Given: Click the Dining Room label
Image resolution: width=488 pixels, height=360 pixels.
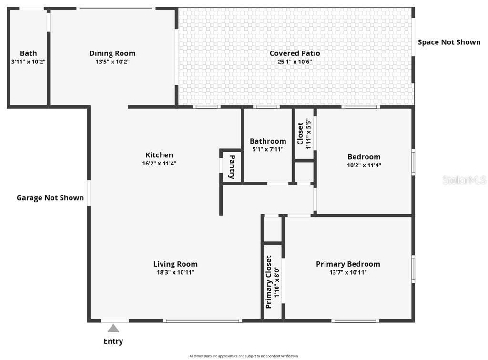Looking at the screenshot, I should [112, 53].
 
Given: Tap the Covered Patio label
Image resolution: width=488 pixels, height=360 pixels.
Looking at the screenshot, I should [295, 53].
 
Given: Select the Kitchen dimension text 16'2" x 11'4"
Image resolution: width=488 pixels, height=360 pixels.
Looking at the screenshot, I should [159, 164].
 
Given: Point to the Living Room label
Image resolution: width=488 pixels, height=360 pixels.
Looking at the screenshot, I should [175, 264].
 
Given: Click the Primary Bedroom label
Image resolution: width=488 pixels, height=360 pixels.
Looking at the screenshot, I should [348, 264].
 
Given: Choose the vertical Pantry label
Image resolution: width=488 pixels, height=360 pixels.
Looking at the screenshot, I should [232, 167].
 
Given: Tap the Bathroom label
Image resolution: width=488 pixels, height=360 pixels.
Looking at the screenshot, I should [268, 141].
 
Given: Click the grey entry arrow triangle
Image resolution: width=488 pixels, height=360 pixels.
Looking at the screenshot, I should [113, 328].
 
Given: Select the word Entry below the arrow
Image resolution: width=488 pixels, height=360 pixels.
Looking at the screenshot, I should [113, 341].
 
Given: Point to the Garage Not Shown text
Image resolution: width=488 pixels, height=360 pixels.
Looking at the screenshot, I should [50, 198].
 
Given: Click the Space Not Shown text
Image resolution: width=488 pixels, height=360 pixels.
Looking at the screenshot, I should [449, 42].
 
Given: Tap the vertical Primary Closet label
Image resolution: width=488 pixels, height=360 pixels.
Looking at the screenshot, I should [269, 282].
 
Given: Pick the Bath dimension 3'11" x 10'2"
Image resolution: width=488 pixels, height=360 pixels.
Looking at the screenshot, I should [28, 62].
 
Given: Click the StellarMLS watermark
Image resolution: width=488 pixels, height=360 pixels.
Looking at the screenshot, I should [464, 180].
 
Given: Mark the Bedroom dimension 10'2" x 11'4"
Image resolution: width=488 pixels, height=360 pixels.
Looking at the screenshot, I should [364, 165].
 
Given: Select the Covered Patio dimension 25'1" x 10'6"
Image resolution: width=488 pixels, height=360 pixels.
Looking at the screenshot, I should [295, 62].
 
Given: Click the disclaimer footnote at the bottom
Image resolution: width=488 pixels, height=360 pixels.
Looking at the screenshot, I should [244, 356].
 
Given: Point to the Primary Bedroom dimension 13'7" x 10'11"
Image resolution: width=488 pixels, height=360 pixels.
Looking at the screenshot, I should [348, 272].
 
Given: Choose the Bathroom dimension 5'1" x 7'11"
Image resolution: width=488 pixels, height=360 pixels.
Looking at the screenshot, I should [268, 149].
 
